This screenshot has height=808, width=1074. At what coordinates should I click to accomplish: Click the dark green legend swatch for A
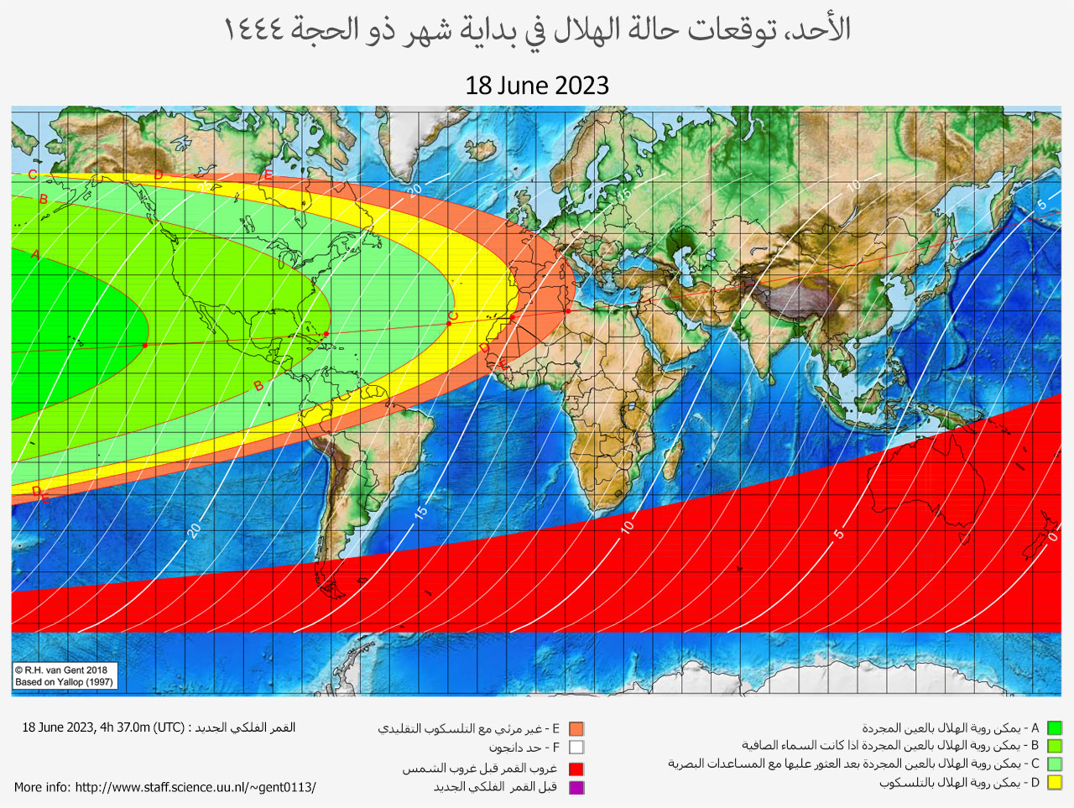1055,728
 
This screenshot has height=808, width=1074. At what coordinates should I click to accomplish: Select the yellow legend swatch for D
1055,783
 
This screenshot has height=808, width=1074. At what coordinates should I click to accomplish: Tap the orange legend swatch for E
576,729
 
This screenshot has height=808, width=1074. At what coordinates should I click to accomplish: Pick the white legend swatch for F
576,747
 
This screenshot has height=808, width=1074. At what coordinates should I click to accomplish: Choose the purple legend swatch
576,787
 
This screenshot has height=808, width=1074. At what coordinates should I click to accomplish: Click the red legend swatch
576,769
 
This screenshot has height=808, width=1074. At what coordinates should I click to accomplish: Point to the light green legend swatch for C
1055,764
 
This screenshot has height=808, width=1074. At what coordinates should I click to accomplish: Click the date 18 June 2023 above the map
537,86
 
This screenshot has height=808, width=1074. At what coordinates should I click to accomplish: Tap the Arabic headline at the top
537,30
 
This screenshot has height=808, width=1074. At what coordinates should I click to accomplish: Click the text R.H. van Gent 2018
61,670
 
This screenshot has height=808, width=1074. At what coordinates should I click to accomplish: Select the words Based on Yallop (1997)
64,682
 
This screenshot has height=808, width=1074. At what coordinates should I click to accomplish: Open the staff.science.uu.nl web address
195,787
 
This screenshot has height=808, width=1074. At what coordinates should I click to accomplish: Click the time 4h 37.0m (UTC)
142,727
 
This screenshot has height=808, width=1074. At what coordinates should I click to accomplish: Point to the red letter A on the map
35,253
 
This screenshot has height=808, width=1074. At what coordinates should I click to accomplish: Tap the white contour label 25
206,187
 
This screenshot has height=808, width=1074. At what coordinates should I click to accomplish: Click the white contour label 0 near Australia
1052,537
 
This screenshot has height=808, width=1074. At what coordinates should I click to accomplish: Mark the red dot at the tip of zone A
145,346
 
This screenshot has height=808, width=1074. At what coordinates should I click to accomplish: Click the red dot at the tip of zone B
326,334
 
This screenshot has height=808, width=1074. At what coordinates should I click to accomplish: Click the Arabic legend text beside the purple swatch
495,787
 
